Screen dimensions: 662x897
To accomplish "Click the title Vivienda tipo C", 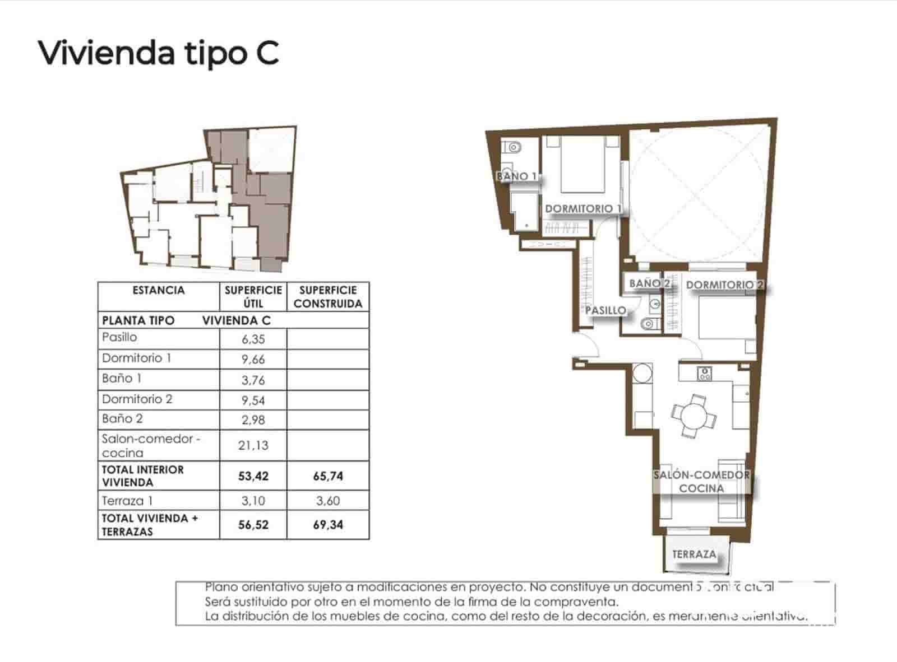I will (x=159, y=53).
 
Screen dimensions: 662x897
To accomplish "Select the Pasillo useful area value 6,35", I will (x=253, y=339).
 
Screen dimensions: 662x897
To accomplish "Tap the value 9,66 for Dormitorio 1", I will (x=253, y=359).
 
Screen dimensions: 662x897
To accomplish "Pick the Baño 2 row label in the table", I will (x=122, y=419).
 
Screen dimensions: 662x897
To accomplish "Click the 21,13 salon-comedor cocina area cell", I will (x=253, y=445).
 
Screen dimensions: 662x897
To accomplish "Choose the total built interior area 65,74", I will (x=328, y=476).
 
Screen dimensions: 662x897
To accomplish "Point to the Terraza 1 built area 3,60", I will (x=328, y=501).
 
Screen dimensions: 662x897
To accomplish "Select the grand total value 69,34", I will (x=328, y=525).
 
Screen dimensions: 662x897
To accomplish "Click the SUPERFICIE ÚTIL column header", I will (x=253, y=297).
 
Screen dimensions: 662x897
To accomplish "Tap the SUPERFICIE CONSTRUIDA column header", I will (x=328, y=297).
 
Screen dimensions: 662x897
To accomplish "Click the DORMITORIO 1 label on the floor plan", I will (x=583, y=208).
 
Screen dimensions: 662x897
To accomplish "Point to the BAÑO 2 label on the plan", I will (x=649, y=283).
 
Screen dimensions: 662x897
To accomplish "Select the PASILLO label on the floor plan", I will (x=605, y=310).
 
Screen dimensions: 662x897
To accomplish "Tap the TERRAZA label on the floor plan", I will (x=694, y=554).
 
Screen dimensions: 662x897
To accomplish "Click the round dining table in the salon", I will (x=693, y=416).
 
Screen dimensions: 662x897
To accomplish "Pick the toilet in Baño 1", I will (x=512, y=148).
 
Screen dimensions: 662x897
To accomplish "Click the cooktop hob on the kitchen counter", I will (x=705, y=374).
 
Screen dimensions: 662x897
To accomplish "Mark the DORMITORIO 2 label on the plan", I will (x=724, y=285).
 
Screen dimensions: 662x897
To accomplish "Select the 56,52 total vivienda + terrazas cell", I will (x=253, y=525).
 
